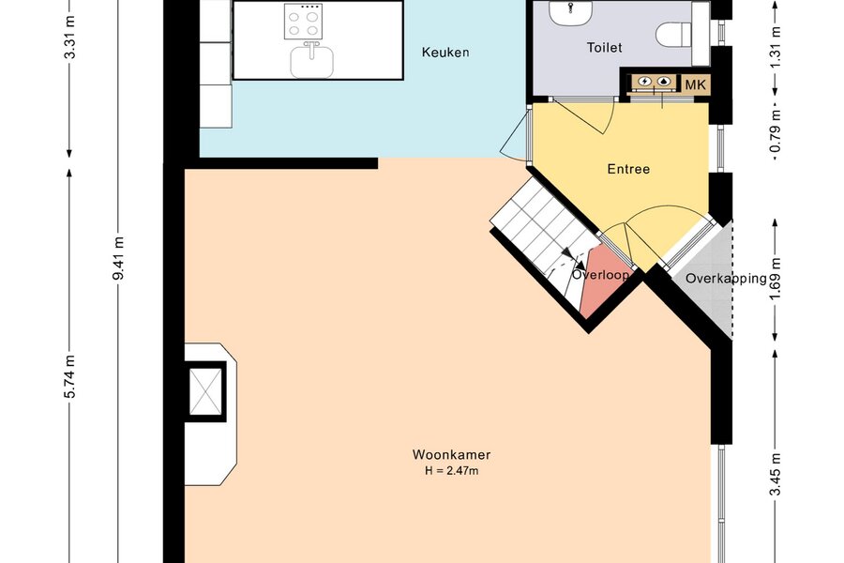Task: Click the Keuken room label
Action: (x=445, y=53)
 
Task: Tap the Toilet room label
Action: (x=605, y=48)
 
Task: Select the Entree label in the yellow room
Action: (x=628, y=169)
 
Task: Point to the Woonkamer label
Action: (x=452, y=455)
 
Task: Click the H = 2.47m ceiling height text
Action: (x=452, y=471)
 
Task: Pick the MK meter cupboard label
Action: (x=695, y=84)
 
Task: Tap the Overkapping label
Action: (x=726, y=279)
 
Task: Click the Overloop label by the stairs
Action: (x=601, y=275)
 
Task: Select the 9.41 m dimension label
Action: (x=118, y=258)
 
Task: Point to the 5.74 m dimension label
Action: (x=70, y=376)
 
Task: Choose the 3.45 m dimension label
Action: (x=776, y=474)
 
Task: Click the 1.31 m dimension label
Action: (x=776, y=48)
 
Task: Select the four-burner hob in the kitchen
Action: (x=303, y=22)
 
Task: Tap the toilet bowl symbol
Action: (x=673, y=34)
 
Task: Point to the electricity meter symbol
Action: (x=643, y=82)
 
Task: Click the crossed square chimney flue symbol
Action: (x=205, y=391)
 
